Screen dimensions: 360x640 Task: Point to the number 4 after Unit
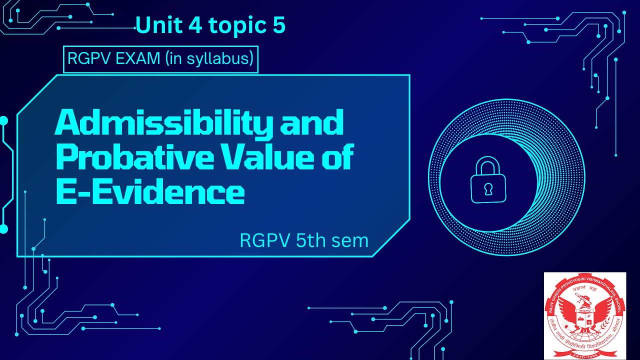(193, 25)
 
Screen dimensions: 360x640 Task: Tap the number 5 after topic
(279, 25)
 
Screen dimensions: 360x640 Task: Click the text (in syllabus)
(207, 59)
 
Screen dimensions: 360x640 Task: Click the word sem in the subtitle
(352, 240)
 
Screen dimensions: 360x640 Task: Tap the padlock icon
(488, 181)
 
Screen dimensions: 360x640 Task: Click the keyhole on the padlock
(488, 188)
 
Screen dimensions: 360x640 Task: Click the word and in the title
(312, 123)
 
